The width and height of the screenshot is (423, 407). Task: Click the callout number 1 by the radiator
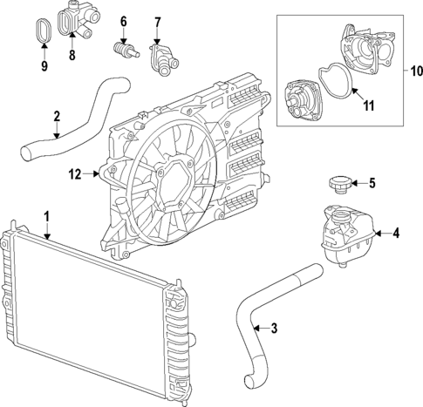(47, 215)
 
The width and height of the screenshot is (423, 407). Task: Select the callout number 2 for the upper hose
(57, 116)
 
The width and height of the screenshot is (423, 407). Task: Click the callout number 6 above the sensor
(123, 21)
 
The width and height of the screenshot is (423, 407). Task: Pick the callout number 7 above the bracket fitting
(158, 21)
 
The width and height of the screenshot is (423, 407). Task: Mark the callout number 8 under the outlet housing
(72, 56)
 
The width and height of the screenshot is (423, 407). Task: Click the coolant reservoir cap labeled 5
(337, 184)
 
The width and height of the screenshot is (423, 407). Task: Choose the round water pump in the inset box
(305, 98)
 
